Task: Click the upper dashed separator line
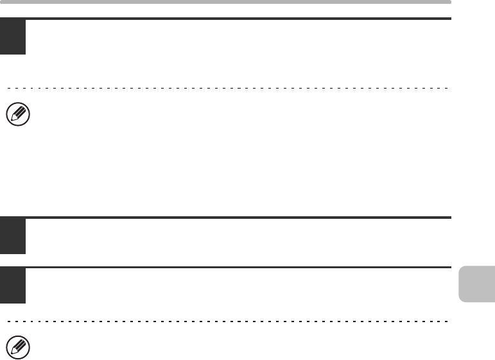[225, 87]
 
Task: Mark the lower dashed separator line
[225, 320]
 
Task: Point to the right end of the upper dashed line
[447, 87]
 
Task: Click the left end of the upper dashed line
[6, 87]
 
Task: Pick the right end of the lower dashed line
[447, 320]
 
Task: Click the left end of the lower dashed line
[6, 320]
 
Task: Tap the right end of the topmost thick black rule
[449, 19]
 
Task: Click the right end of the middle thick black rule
[449, 218]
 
